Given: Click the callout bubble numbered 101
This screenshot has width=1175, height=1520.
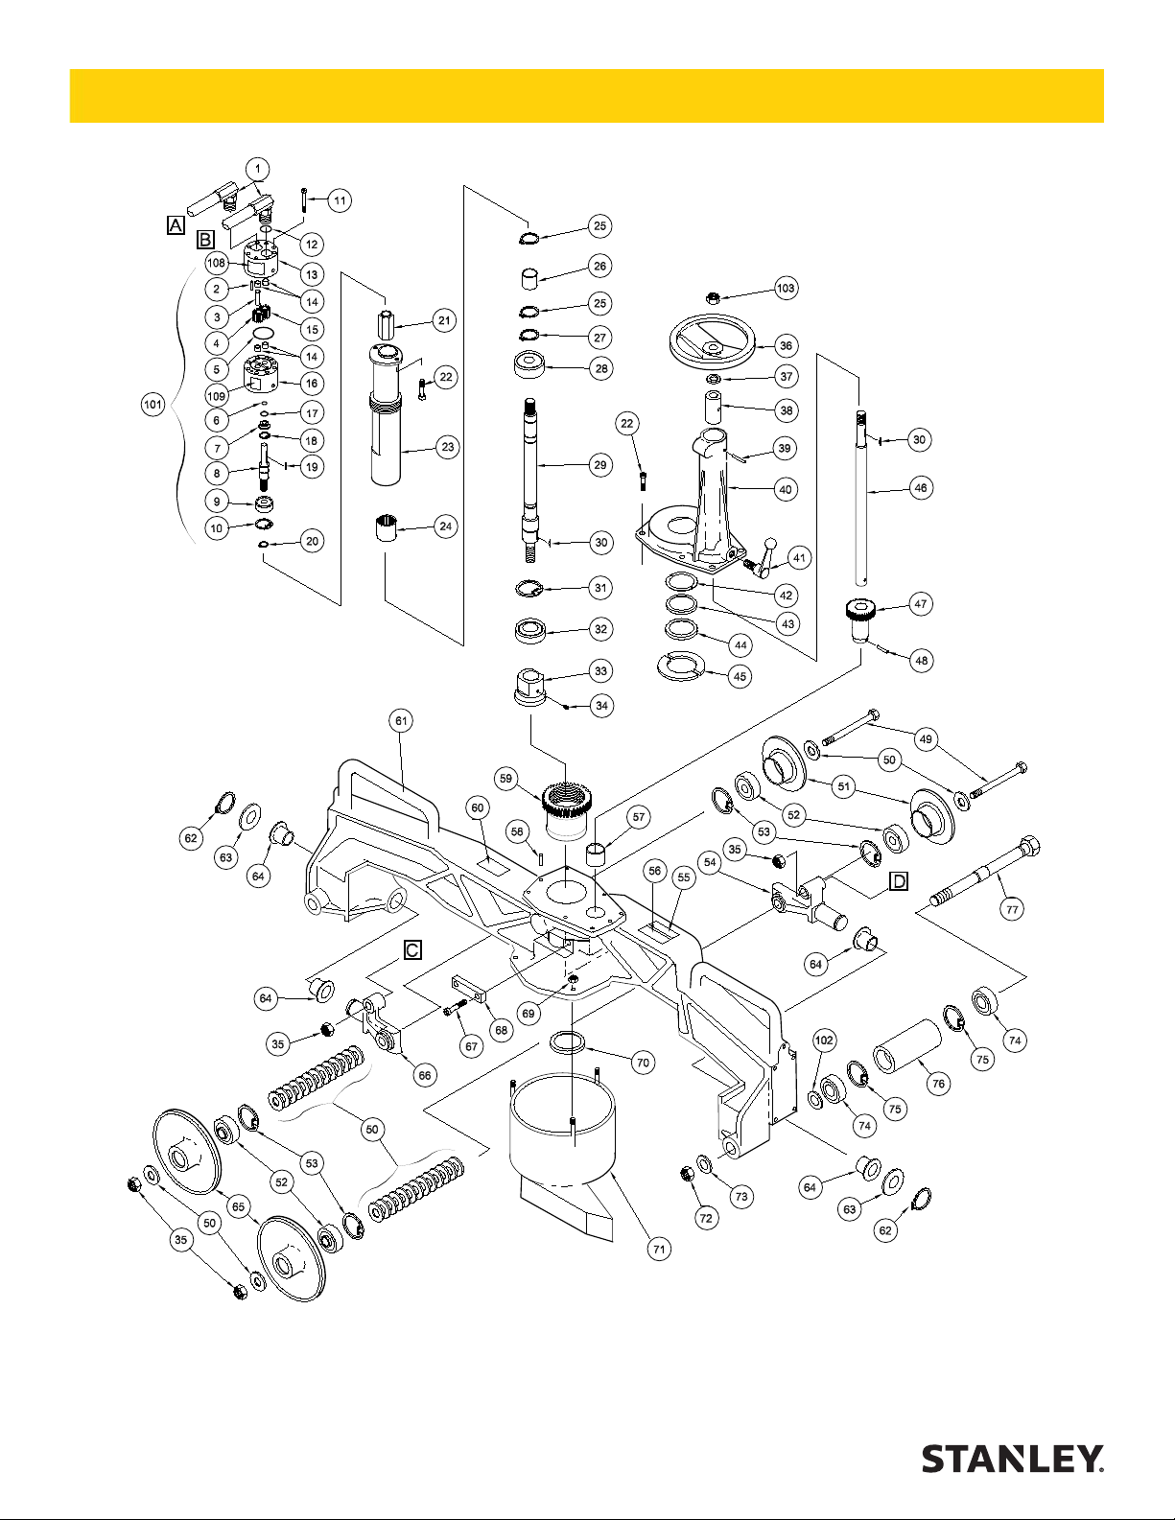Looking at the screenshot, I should coord(153,405).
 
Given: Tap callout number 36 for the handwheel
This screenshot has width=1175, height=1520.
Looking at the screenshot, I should coord(787,346).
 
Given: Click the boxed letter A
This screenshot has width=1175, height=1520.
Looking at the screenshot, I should coord(175,224).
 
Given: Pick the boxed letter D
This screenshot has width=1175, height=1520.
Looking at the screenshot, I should coord(898,880).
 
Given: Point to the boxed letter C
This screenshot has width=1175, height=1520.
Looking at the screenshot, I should coord(411,949).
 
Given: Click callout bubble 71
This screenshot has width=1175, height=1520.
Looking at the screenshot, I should coord(659,1249).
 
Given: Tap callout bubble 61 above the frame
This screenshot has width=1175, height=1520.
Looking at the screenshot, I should coord(400,719).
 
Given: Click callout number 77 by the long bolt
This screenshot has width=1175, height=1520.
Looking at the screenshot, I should coord(1013,910).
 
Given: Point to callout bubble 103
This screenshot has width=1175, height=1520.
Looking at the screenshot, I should coord(786,288).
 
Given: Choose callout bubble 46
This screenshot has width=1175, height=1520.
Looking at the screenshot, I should coord(920,487).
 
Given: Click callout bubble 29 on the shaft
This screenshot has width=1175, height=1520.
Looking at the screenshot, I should coord(600,465).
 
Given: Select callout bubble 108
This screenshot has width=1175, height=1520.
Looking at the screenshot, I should coord(216,263).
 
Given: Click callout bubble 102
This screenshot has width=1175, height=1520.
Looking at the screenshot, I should coord(824,1040).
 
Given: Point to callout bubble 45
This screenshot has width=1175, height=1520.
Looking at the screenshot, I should coord(740,676).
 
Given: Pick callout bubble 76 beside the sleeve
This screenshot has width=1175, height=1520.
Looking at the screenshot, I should coord(938,1084).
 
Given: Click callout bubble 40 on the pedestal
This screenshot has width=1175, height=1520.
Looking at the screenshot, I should coord(786,489).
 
